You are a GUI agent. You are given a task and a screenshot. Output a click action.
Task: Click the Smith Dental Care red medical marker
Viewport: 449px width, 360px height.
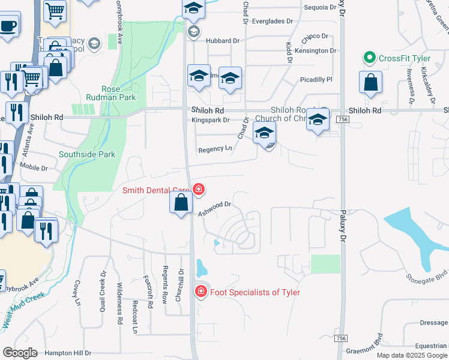pos(199,191)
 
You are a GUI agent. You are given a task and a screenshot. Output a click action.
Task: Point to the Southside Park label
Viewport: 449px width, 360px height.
pos(86,154)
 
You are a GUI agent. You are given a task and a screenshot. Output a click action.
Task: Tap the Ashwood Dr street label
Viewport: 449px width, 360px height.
pos(215,207)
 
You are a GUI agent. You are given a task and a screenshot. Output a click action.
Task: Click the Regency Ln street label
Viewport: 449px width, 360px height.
pos(215,149)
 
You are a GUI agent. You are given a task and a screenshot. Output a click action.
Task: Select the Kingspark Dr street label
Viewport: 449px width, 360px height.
pos(211,121)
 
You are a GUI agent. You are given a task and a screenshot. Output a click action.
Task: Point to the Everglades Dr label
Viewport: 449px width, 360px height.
pos(271,21)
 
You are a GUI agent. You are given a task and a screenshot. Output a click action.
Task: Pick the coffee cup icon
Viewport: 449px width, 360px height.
pos(8,27)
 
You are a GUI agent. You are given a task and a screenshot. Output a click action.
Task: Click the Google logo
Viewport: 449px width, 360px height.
pos(20,353)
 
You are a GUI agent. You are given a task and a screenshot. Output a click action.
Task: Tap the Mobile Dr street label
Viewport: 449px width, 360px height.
pos(33,167)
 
